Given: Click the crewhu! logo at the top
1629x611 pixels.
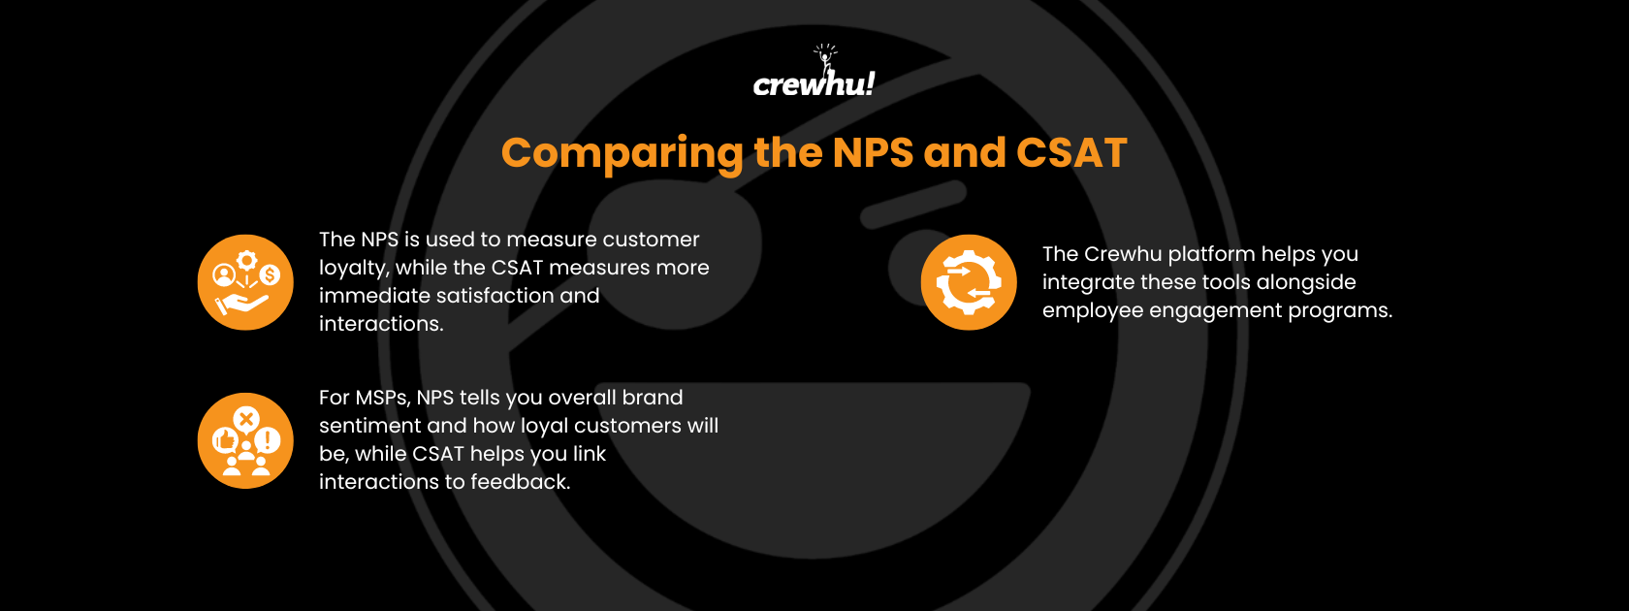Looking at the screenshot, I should [x=814, y=76].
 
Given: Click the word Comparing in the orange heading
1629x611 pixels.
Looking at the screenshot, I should [x=622, y=153].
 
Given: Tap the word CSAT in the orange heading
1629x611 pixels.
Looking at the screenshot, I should [x=1071, y=153].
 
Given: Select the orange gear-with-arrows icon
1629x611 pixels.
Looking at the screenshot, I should [x=969, y=282].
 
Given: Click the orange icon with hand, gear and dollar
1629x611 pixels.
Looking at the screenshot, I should [x=245, y=282].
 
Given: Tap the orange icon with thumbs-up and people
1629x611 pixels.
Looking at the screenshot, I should [x=245, y=440].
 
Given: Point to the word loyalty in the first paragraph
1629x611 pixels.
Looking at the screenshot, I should [x=352, y=269].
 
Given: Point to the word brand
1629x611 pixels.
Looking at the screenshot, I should [x=653, y=398].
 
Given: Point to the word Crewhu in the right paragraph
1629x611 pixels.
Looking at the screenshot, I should [x=1123, y=254].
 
